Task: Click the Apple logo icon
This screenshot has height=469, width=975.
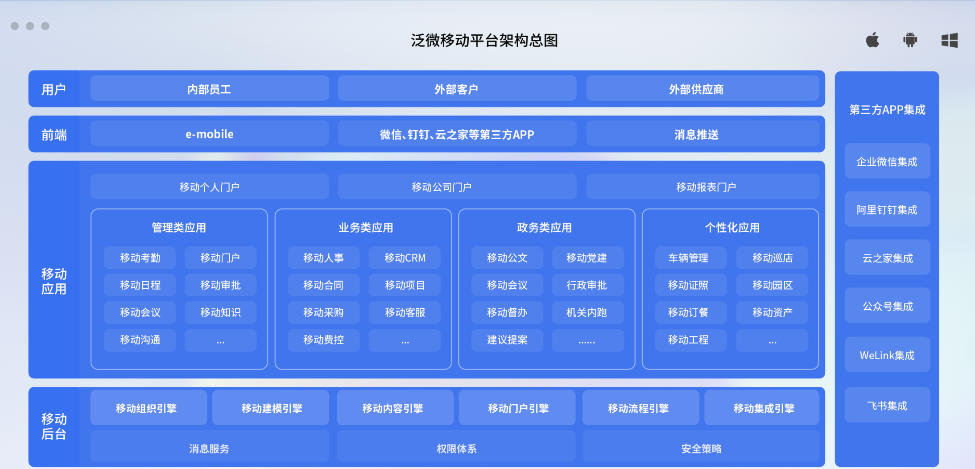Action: [872, 40]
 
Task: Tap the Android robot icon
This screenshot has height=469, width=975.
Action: [910, 40]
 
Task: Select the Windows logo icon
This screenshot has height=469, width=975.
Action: [950, 40]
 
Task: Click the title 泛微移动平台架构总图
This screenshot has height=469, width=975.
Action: [484, 41]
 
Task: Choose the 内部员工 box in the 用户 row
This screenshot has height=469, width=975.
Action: [210, 89]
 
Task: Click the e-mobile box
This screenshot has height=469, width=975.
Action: [210, 134]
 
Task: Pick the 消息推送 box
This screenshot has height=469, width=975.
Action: [702, 134]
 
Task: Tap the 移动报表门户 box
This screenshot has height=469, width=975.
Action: [702, 187]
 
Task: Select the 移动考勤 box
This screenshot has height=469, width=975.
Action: [140, 258]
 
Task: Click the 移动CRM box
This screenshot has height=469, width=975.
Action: [405, 258]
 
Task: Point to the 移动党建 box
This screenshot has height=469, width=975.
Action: [588, 258]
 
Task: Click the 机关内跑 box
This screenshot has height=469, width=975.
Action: [588, 312]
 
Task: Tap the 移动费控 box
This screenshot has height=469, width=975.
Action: [324, 340]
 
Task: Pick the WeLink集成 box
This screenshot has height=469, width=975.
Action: [887, 355]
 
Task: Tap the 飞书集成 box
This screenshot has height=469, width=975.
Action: [887, 405]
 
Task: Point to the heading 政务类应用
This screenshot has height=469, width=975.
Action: [544, 228]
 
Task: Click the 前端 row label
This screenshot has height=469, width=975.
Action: [54, 135]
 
